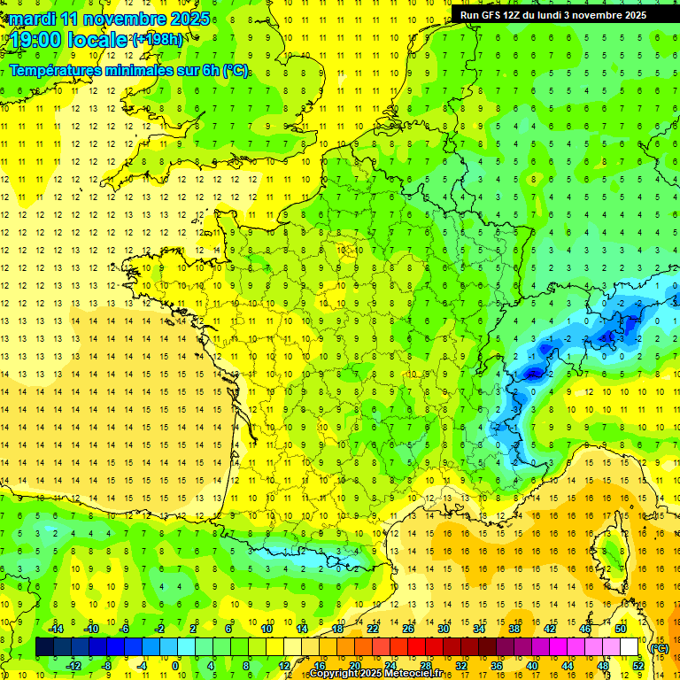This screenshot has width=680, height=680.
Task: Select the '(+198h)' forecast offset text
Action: [158, 40]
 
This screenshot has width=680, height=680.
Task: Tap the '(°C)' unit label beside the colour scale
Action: [659, 647]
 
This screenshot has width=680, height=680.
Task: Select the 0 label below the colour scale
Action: [175, 666]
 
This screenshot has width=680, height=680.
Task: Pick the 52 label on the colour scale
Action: [637, 666]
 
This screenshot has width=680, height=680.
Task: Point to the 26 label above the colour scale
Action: [408, 629]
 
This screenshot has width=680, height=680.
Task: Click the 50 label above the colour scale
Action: [621, 629]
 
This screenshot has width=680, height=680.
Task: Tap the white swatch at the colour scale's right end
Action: [630, 647]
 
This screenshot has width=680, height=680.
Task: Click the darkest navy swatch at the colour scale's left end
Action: [44, 647]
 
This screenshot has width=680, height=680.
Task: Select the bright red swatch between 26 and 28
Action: [417, 647]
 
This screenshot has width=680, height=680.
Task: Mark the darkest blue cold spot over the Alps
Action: [533, 374]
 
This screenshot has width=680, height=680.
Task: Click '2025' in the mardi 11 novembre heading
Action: [189, 19]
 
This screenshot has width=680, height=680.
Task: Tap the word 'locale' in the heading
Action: [98, 41]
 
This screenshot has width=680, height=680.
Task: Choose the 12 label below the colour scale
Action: [284, 666]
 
